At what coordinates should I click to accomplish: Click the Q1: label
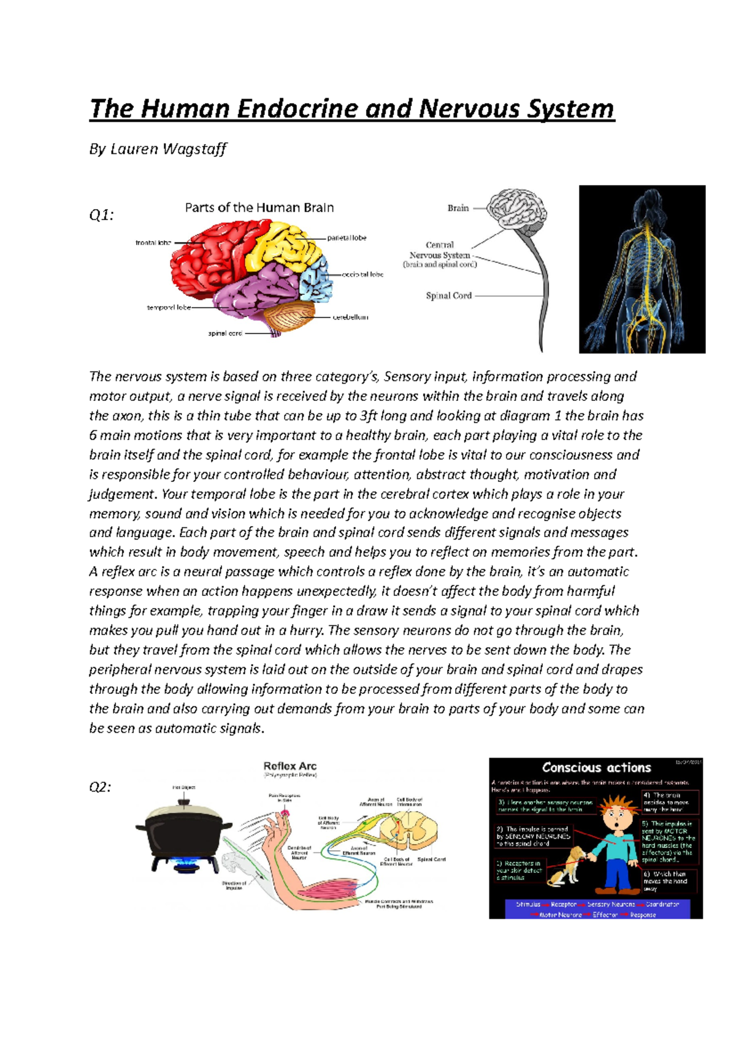(101, 215)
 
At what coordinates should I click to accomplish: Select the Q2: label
(101, 787)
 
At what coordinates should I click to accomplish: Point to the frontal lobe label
(153, 243)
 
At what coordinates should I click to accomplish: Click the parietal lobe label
(347, 238)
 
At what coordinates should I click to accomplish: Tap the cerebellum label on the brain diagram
(350, 318)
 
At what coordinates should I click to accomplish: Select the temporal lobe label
(169, 308)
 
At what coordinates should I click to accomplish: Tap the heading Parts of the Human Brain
(259, 208)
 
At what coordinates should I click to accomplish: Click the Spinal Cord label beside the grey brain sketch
(448, 296)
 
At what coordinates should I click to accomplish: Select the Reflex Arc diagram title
(289, 766)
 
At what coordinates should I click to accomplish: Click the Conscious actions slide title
(596, 768)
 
